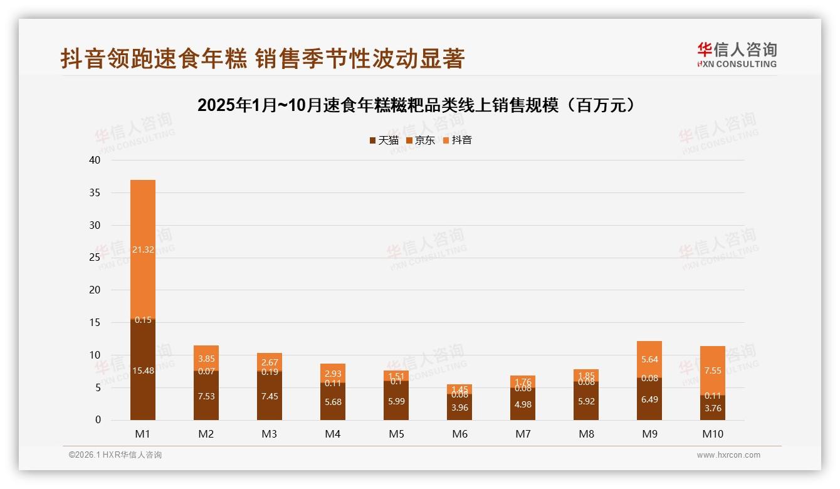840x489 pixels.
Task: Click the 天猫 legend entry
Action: tap(384, 140)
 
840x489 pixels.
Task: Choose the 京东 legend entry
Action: tap(421, 140)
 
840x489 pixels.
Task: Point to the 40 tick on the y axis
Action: tap(95, 160)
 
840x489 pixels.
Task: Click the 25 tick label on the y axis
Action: tap(95, 257)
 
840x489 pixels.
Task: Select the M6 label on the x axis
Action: tap(459, 434)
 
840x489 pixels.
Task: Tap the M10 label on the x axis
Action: tap(712, 434)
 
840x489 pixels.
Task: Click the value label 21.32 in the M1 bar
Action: tap(143, 250)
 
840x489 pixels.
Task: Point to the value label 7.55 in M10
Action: tap(712, 371)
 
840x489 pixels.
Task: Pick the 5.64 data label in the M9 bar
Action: tap(649, 359)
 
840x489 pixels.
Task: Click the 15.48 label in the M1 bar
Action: tap(143, 371)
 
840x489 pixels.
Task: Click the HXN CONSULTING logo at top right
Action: tap(737, 55)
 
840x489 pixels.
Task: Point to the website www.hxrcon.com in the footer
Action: tap(728, 455)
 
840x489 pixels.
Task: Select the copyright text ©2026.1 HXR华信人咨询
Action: tap(115, 455)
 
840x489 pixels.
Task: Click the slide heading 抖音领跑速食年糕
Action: tap(262, 58)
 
